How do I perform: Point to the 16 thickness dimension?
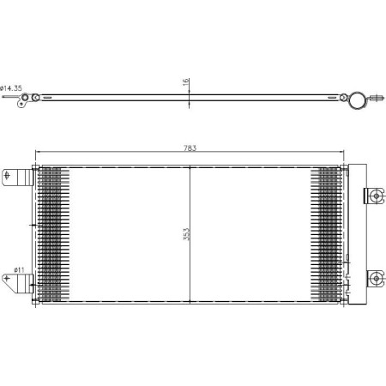pos(184,82)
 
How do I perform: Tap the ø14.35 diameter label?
pos(11,88)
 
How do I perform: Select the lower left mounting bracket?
pos(19,280)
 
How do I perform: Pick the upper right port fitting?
pos(376,196)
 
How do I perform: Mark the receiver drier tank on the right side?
pos(350,232)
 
